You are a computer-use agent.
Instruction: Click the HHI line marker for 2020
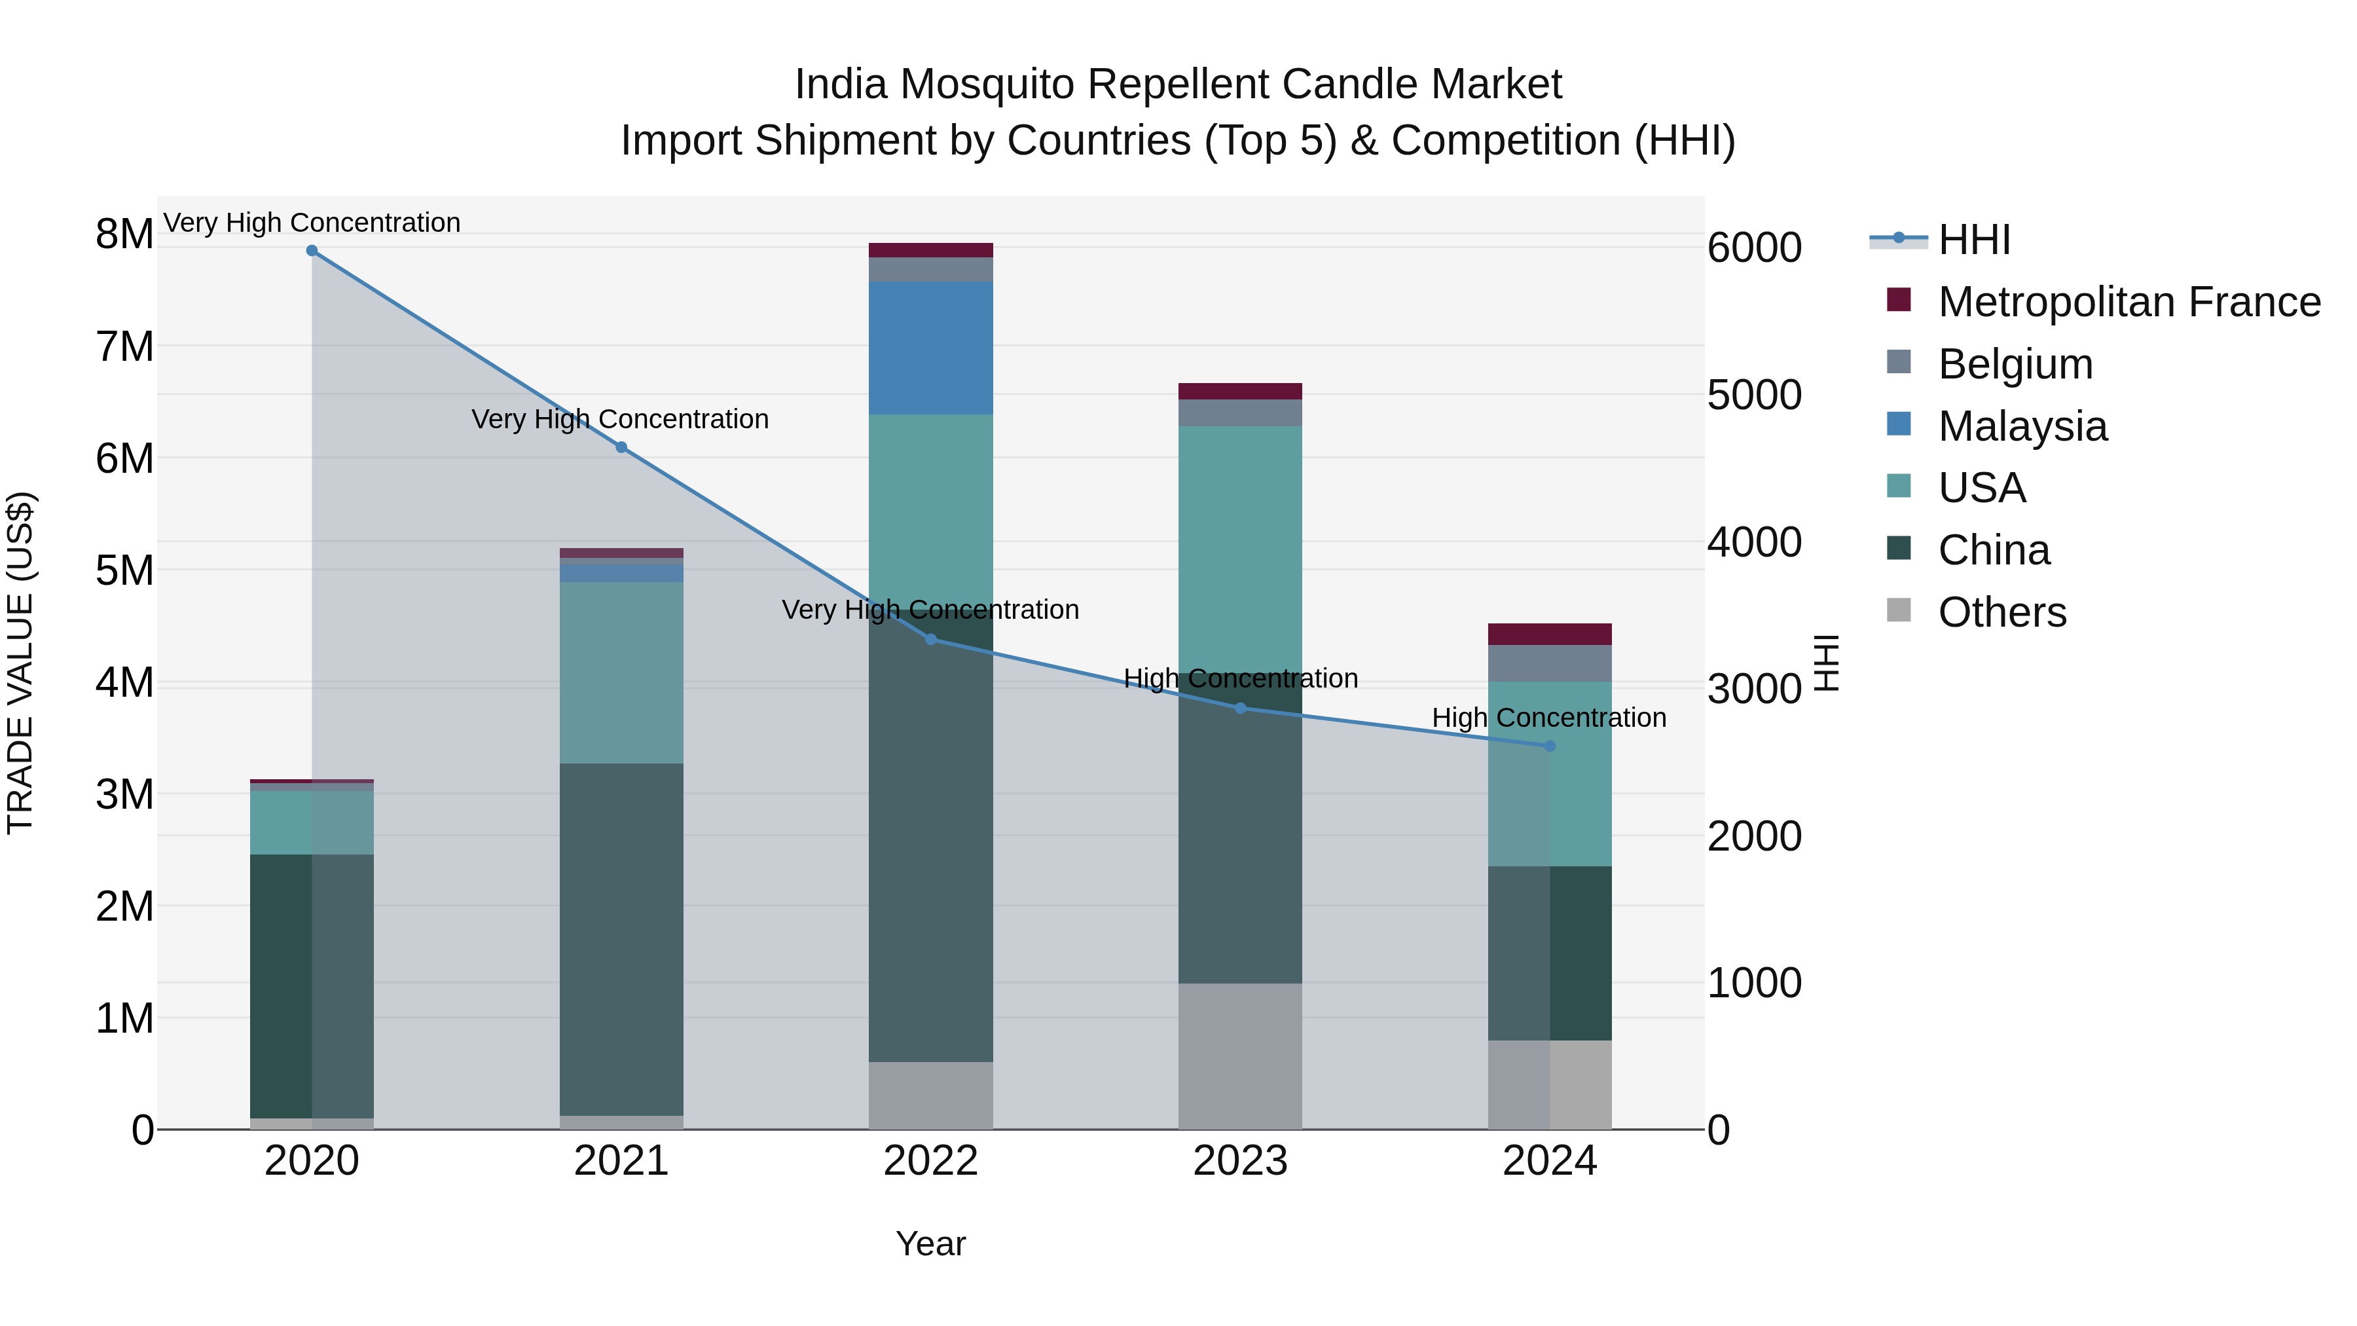pos(312,251)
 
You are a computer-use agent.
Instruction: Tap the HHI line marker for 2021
pos(621,447)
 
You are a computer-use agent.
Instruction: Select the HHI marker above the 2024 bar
pos(1550,746)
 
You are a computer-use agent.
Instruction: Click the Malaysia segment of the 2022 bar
pos(930,348)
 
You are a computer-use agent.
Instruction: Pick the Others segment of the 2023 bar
pos(1240,1056)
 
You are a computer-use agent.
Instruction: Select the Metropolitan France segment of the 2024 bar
pos(1550,634)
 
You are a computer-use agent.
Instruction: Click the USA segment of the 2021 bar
pos(621,672)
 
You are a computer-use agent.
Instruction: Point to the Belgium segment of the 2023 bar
pos(1240,413)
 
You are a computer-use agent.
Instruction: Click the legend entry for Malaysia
pos(2022,426)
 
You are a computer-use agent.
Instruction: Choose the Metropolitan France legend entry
pos(2129,302)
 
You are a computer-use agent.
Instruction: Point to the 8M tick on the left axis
pos(124,234)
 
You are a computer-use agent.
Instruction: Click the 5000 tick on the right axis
pos(1754,396)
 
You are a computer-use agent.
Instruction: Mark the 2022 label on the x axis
pos(930,1161)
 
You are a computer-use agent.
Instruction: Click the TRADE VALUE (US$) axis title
pos(20,663)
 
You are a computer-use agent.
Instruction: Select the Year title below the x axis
pos(930,1243)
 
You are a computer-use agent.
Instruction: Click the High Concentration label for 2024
pos(1548,718)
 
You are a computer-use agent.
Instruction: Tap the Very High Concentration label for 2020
pos(312,223)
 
